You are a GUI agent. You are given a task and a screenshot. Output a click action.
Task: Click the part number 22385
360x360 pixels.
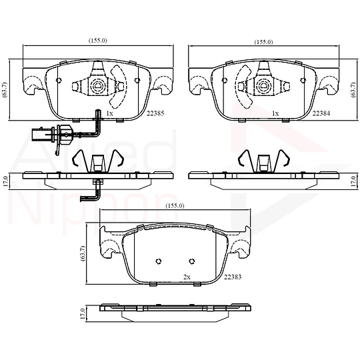coord(155,113)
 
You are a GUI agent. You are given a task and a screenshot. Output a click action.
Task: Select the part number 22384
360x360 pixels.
coord(321,113)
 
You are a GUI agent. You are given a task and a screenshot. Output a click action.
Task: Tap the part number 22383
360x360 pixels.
coord(233,277)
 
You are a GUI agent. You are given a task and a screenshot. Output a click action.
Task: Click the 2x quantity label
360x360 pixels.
coord(187,277)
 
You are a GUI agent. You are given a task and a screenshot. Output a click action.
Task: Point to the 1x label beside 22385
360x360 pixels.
coord(109,113)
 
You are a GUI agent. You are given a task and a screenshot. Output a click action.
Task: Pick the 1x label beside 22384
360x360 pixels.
coord(275,113)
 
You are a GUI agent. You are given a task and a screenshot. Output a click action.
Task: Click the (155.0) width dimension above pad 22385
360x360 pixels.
coord(98,41)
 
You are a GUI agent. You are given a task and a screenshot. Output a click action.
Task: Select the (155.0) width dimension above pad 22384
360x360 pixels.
coord(263,42)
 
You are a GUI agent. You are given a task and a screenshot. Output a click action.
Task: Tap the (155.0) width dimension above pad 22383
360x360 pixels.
coord(175,206)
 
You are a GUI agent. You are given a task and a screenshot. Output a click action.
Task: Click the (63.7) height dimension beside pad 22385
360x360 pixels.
coord(5,89)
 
